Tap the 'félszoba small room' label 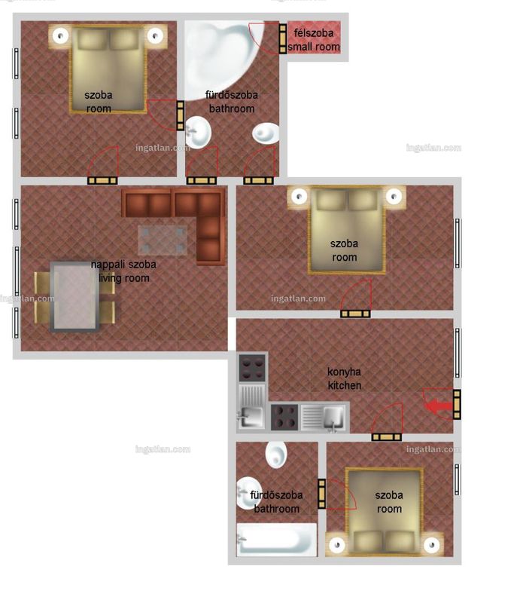[314, 40]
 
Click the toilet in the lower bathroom [276, 455]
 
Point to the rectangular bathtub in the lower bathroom [277, 539]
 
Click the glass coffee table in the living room [163, 240]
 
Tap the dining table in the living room [75, 296]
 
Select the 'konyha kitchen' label [344, 378]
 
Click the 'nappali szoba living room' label [123, 271]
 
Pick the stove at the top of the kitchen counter [252, 368]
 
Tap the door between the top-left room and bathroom [180, 115]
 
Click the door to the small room [283, 38]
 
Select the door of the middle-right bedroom [356, 314]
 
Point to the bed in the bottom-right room [385, 512]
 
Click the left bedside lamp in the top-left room [60, 36]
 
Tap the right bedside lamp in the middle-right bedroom [394, 197]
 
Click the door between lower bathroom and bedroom [322, 494]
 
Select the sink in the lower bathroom [248, 493]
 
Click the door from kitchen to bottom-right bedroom [387, 437]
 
